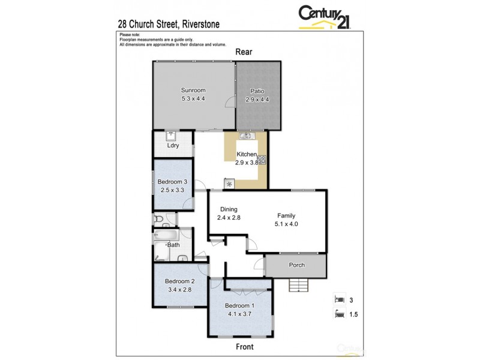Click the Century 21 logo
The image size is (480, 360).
click(x=325, y=17)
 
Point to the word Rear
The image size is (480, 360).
click(x=243, y=52)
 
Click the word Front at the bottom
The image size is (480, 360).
click(x=244, y=347)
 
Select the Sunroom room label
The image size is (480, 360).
click(x=193, y=91)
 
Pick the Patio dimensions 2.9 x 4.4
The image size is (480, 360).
click(x=257, y=100)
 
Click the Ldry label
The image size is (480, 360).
click(x=173, y=146)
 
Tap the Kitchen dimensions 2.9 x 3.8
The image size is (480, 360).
click(x=246, y=162)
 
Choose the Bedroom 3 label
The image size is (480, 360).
click(x=172, y=182)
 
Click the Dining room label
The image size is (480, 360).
click(x=228, y=209)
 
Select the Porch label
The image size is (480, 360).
click(x=296, y=265)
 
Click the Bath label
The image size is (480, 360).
click(x=173, y=245)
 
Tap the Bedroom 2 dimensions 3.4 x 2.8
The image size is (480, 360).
click(x=179, y=290)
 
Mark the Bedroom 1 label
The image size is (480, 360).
click(x=240, y=304)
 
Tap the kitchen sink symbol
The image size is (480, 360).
click(x=246, y=136)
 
